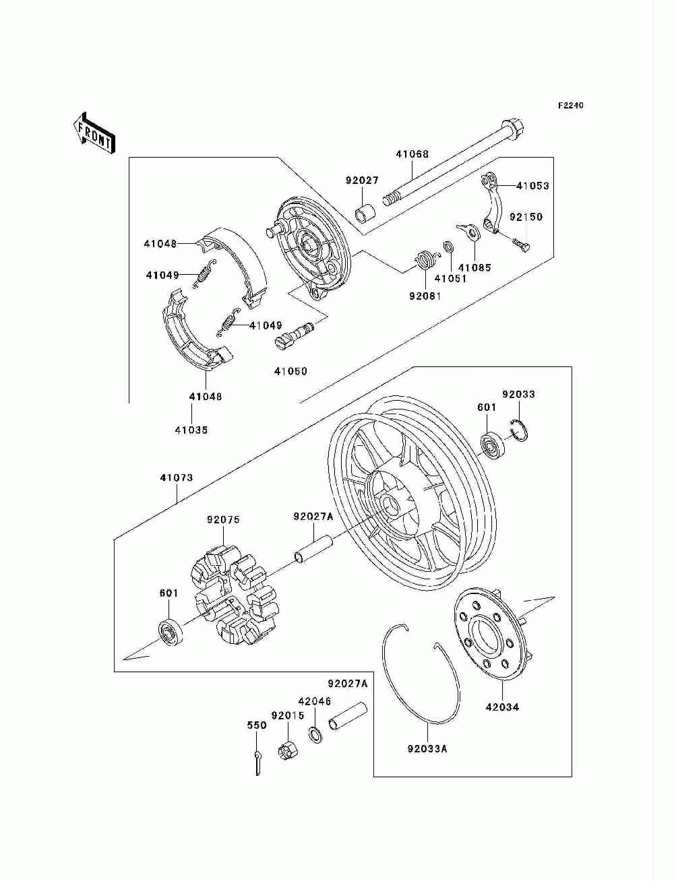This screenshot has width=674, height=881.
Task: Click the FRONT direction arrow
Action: (94, 132)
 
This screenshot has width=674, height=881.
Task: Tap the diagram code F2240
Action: (570, 106)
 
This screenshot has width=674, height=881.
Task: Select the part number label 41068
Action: (412, 154)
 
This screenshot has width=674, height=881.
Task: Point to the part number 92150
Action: (526, 218)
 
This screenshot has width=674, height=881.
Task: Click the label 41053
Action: (532, 186)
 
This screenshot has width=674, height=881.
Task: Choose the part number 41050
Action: (290, 371)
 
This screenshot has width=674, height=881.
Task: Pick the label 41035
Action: (191, 430)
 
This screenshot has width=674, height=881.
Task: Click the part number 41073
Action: (177, 478)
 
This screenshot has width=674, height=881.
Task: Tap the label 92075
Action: (223, 520)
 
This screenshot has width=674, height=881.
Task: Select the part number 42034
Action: (503, 707)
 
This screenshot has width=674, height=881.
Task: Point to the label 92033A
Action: (427, 748)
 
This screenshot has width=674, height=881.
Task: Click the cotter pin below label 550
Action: (257, 762)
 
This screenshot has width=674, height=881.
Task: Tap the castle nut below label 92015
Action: (286, 749)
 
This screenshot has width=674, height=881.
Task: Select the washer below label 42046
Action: (315, 733)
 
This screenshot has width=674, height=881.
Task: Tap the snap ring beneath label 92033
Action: (519, 430)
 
